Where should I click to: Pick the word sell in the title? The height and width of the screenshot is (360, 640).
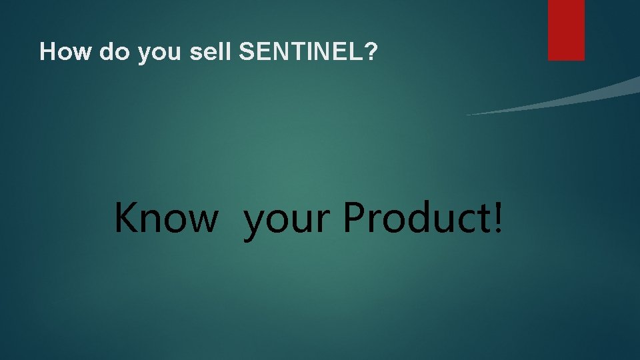click(x=210, y=52)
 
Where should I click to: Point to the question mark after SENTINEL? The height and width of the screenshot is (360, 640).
click(x=371, y=52)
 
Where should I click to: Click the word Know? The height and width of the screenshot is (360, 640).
click(x=165, y=217)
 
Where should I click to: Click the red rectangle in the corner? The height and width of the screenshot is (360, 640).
click(x=566, y=30)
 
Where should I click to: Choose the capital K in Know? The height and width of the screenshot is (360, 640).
click(x=126, y=217)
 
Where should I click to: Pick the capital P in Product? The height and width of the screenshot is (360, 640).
click(x=355, y=217)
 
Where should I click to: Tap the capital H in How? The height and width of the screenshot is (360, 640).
click(x=47, y=52)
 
